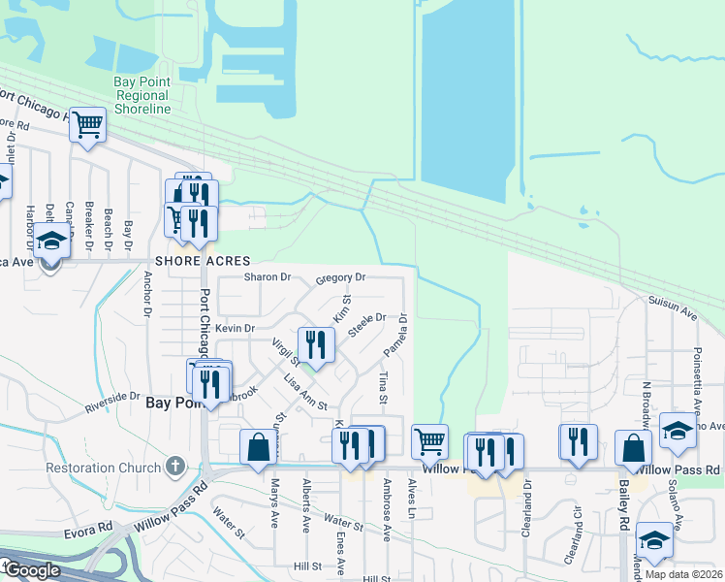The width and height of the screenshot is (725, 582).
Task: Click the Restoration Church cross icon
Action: pyautogui.click(x=174, y=468)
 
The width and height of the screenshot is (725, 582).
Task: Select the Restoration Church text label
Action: pyautogui.click(x=103, y=468)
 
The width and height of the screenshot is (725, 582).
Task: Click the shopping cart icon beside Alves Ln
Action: pyautogui.click(x=429, y=441)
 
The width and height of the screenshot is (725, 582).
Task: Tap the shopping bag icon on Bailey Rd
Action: pyautogui.click(x=633, y=448)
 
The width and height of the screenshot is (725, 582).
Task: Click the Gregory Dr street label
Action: pyautogui.click(x=340, y=278)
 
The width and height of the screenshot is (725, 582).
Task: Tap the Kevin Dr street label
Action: pyautogui.click(x=235, y=329)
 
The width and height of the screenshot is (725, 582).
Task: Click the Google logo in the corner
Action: pyautogui.click(x=31, y=570)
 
